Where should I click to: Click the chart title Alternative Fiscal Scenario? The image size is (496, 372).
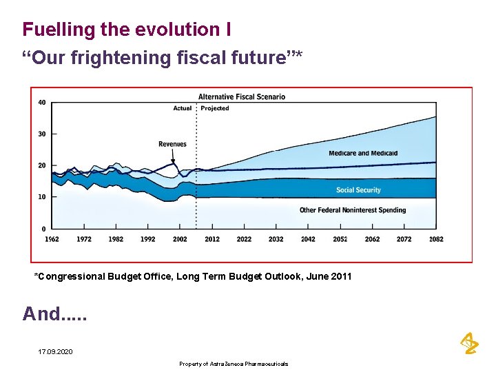click(242, 96)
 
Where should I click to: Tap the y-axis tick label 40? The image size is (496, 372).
click(42, 103)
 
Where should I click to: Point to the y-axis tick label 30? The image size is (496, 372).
click(42, 134)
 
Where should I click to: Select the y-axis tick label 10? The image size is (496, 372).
click(42, 197)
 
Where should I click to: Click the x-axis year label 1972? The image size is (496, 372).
click(84, 239)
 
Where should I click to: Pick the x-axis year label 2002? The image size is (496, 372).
click(180, 239)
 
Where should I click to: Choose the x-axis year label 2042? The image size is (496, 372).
click(308, 239)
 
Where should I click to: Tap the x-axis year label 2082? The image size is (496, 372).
click(436, 239)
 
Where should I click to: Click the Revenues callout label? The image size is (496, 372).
click(172, 144)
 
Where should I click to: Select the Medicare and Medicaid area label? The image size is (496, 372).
click(363, 153)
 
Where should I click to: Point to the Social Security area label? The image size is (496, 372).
click(358, 190)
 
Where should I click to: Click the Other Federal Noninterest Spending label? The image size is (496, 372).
click(353, 210)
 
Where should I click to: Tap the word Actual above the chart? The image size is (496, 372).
click(183, 108)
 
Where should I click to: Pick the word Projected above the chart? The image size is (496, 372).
click(215, 108)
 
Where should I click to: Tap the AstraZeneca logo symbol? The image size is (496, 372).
click(468, 342)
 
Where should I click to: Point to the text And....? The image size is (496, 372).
click(41, 314)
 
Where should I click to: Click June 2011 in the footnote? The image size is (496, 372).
click(329, 276)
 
